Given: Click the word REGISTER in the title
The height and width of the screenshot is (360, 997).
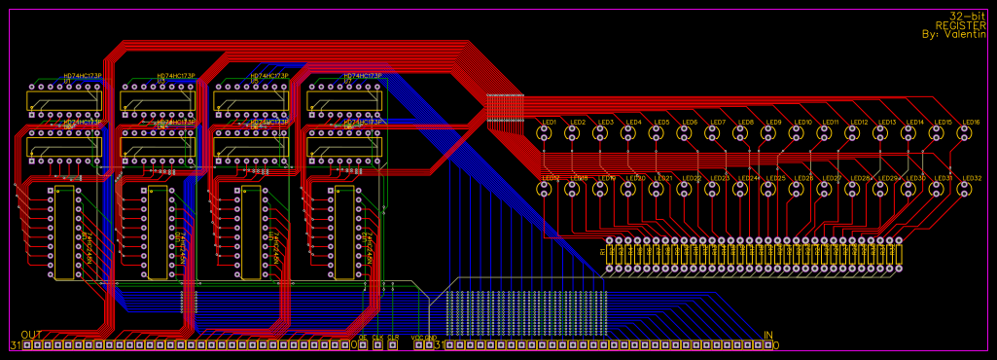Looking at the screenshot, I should (x=960, y=25).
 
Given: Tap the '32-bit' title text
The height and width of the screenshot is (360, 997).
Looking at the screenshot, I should (x=968, y=17).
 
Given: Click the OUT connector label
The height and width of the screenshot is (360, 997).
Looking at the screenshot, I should (x=31, y=335).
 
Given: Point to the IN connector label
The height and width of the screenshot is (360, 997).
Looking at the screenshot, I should (x=768, y=335).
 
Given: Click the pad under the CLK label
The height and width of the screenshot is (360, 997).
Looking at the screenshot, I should (x=377, y=345).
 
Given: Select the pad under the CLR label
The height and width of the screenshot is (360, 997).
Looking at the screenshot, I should (x=393, y=345).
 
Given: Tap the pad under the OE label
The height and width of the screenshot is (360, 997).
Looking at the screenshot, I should (x=363, y=345).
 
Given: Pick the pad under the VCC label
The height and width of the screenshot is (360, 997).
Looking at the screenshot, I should (x=418, y=345).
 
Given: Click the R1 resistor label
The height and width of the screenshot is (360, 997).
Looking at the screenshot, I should (x=603, y=252).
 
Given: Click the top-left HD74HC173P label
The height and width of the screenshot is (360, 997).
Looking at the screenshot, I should (x=83, y=76).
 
